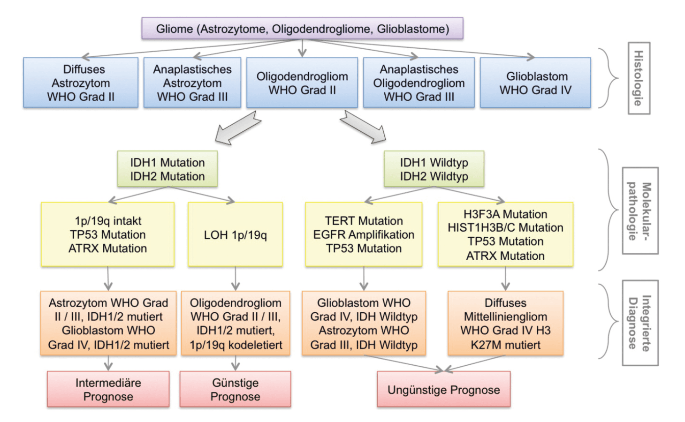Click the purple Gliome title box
point(302,29)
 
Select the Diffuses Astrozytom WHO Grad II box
point(81,83)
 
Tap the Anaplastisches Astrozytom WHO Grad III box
point(192,83)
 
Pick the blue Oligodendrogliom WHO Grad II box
point(302,83)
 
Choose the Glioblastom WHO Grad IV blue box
point(535,83)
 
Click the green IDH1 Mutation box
point(167,169)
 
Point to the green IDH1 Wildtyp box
point(434,169)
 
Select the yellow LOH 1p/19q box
point(235,234)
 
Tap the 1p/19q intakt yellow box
point(107,234)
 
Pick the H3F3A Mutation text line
point(505,214)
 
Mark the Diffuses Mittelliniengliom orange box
point(505,324)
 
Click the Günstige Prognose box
point(235,389)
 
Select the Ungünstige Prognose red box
point(444,389)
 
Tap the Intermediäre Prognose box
point(108,389)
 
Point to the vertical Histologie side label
point(639,78)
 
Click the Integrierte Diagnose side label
point(640,323)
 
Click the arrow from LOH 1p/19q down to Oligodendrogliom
point(235,279)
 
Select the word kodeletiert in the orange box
point(255,345)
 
